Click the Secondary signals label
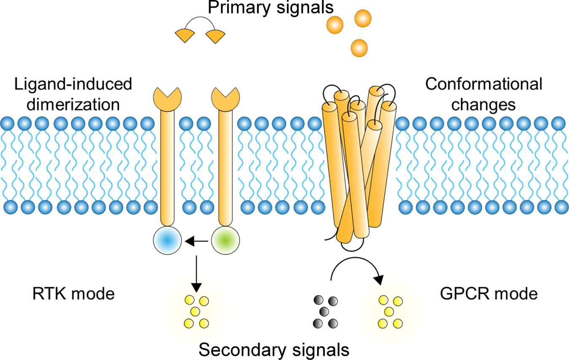(x=274, y=349)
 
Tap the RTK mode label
(x=74, y=293)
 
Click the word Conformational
(x=483, y=84)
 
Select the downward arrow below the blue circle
(x=196, y=272)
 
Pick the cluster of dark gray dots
(x=325, y=312)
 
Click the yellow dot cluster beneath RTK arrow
(x=196, y=312)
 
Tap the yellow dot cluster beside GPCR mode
(x=390, y=312)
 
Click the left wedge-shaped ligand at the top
(x=185, y=35)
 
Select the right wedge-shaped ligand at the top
(x=216, y=36)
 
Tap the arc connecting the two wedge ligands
(x=201, y=22)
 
